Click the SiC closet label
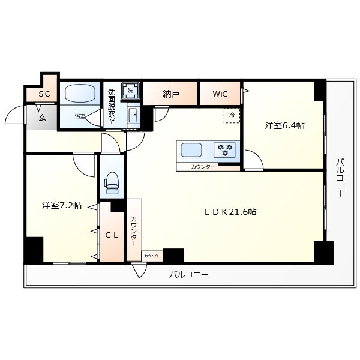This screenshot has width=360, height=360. point(44,94)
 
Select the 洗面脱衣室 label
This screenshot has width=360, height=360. point(112,107)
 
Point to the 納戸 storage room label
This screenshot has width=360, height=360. point(171,94)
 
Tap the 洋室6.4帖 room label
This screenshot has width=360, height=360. point(284,126)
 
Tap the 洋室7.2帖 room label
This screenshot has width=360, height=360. point(62,205)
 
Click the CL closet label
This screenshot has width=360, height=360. point(112,235)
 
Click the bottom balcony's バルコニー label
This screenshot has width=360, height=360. point(188,274)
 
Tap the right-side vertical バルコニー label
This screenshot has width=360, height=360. point(340,178)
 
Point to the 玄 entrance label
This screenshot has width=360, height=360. point(43,117)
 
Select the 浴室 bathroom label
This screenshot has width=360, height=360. point(80,116)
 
